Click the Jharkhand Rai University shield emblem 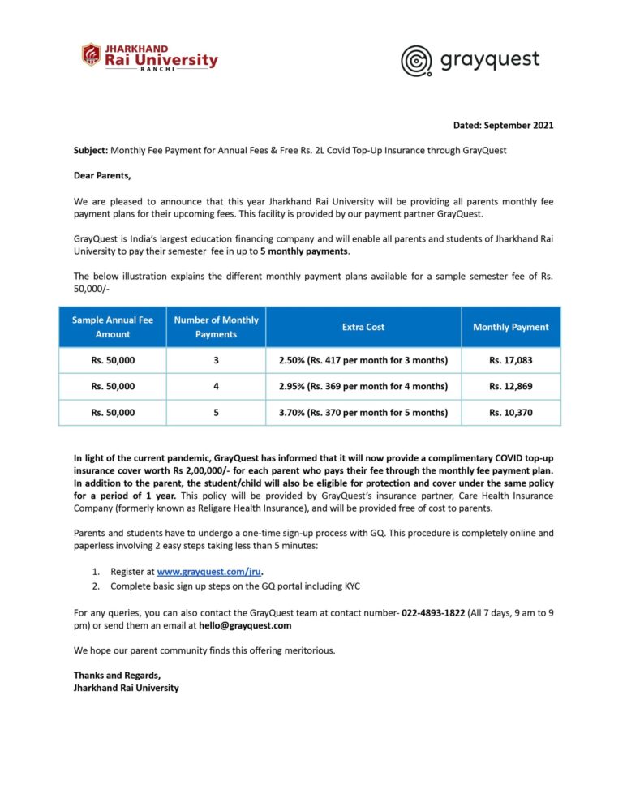(91, 55)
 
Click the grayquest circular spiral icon (417, 61)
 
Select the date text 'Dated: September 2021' (503, 126)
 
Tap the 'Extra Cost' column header (363, 327)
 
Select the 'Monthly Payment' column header (511, 327)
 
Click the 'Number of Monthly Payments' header (216, 327)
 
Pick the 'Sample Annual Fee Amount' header (113, 327)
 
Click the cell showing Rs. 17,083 (511, 360)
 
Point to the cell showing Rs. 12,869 (511, 386)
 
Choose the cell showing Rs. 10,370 (511, 412)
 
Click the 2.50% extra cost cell (363, 360)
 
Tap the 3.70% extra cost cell (363, 412)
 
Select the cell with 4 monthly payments (216, 386)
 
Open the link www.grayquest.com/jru (203, 572)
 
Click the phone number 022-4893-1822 (433, 612)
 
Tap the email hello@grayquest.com (245, 625)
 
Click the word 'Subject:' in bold (91, 151)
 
